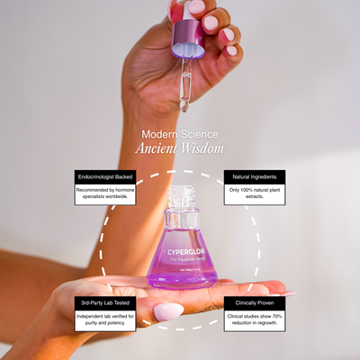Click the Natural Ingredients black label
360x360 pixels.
click(254, 177)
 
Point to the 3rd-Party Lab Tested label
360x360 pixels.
click(104, 302)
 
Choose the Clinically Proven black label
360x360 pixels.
click(254, 303)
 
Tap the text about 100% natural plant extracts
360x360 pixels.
click(254, 195)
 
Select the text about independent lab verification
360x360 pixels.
click(104, 320)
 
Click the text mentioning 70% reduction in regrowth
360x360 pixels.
click(254, 321)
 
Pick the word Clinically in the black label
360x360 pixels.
click(243, 303)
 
